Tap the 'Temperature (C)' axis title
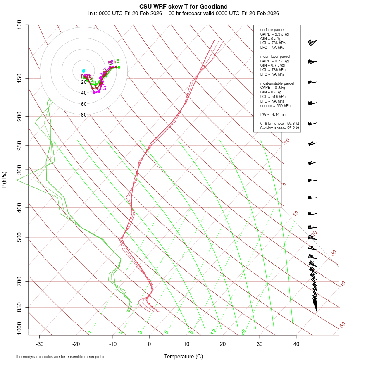(183, 356)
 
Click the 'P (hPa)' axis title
(4, 180)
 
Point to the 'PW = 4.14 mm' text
(273, 114)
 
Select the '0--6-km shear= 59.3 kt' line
(279, 124)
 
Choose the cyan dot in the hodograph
(83, 71)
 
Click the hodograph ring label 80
(84, 115)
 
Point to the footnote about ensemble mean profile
(61, 356)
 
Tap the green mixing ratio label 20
(243, 332)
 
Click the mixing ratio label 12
(214, 332)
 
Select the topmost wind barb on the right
(312, 42)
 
